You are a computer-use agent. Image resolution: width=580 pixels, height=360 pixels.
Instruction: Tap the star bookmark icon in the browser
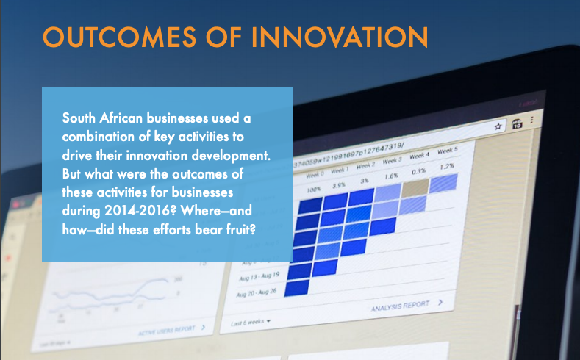click(x=498, y=126)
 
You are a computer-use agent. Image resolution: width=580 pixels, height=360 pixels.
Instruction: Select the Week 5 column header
click(x=447, y=151)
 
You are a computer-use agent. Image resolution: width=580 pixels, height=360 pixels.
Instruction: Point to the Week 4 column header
click(x=419, y=156)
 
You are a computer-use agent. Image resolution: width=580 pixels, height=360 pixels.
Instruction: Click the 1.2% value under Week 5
click(x=447, y=167)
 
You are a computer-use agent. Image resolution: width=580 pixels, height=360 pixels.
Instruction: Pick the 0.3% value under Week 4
click(x=418, y=171)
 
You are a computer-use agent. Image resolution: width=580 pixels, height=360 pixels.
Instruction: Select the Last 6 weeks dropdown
click(x=251, y=322)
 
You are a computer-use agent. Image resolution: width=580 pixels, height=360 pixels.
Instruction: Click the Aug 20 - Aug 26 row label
click(x=257, y=293)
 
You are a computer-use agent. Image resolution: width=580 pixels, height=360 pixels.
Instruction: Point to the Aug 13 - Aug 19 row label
click(x=258, y=276)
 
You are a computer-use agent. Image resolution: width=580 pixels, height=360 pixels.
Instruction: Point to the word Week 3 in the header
click(x=391, y=160)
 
